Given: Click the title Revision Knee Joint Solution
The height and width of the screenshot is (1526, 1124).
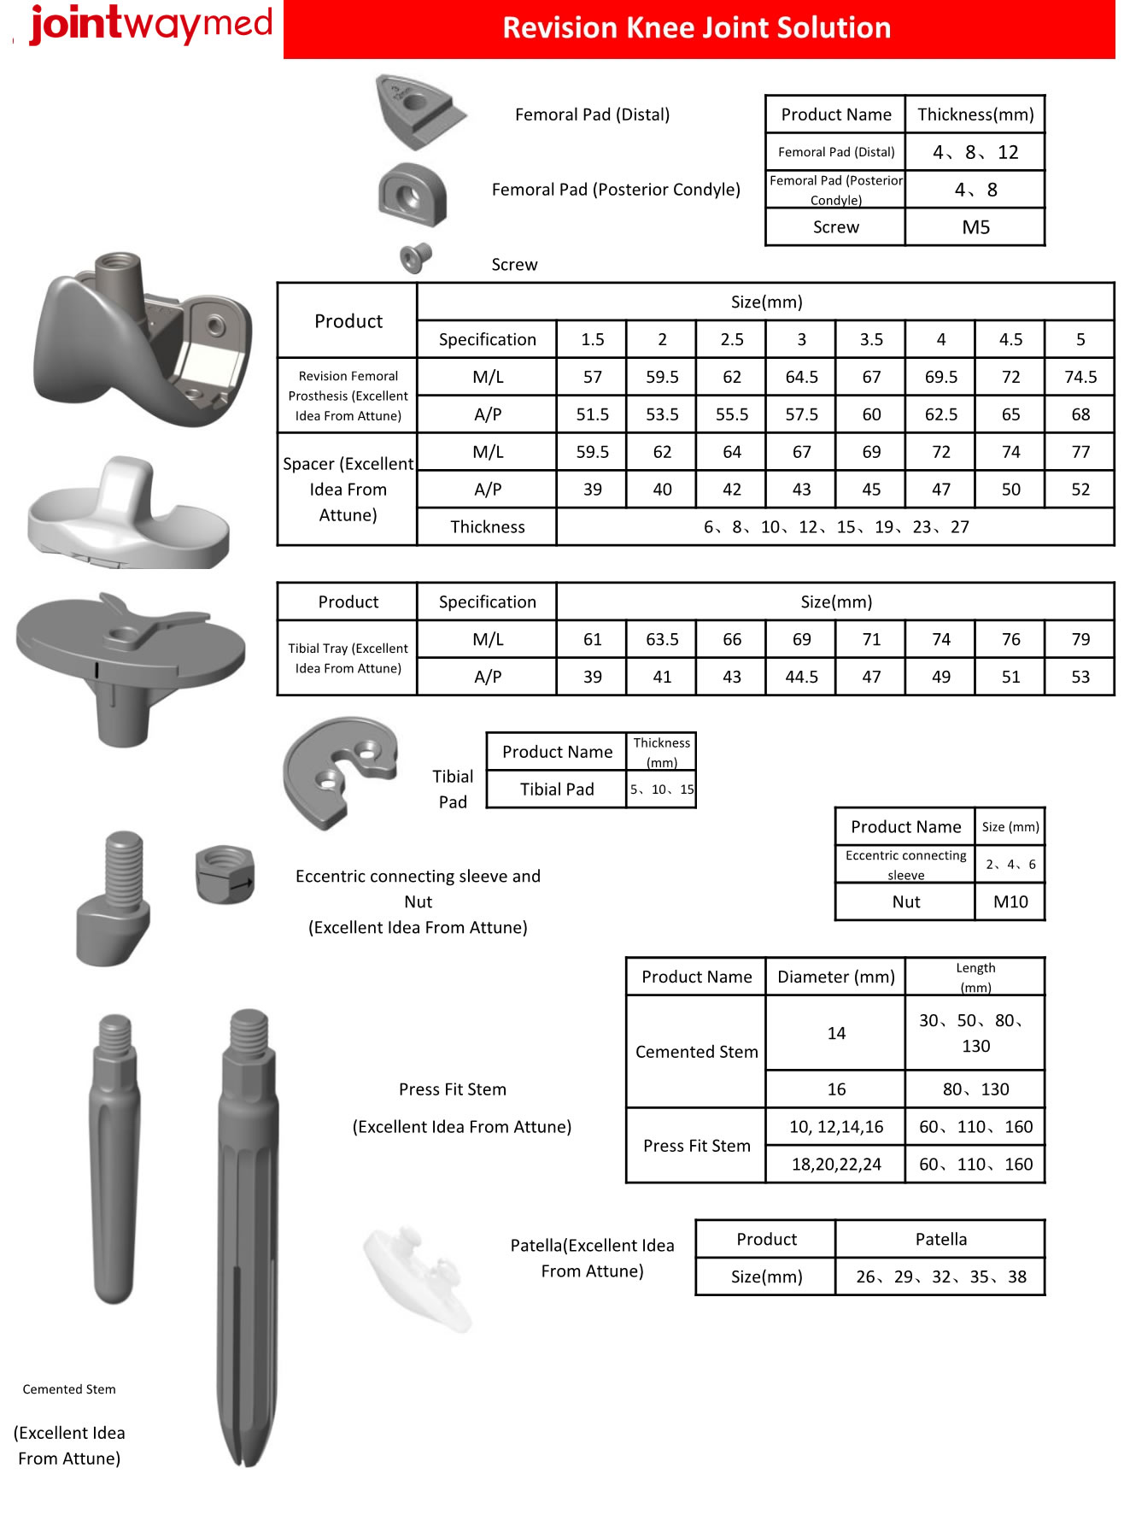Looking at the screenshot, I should pos(696,28).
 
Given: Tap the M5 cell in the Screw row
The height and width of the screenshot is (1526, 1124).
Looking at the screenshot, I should pos(975,227).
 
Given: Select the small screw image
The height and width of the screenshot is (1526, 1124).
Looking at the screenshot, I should pos(416,256).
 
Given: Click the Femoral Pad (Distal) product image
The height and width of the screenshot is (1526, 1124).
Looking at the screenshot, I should pos(418,111).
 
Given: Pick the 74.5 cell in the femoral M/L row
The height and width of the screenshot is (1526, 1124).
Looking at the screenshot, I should pos(1080,377).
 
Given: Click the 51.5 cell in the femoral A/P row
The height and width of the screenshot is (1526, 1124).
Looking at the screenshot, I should pos(592,414).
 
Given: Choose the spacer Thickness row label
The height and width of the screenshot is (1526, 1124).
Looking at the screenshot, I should pos(487,527).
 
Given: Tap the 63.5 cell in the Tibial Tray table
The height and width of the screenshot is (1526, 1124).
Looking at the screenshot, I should pos(662,639).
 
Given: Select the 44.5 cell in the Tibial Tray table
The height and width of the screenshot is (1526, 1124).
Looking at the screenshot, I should pos(801,677).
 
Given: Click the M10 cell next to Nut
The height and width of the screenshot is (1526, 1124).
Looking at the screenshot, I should pos(1010,901).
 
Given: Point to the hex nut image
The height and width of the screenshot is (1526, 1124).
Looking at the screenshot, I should pos(225,873).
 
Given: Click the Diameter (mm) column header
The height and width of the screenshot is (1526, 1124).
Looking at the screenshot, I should pos(835,977).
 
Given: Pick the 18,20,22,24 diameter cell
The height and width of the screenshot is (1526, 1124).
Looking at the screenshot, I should pos(835,1164).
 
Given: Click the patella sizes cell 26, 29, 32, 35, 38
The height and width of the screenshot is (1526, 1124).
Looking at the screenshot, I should pos(940,1277).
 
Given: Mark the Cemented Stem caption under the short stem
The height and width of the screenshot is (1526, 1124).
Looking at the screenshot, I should pos(69,1389).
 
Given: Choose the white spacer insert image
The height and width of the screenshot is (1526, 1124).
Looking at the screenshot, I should pos(128,513).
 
